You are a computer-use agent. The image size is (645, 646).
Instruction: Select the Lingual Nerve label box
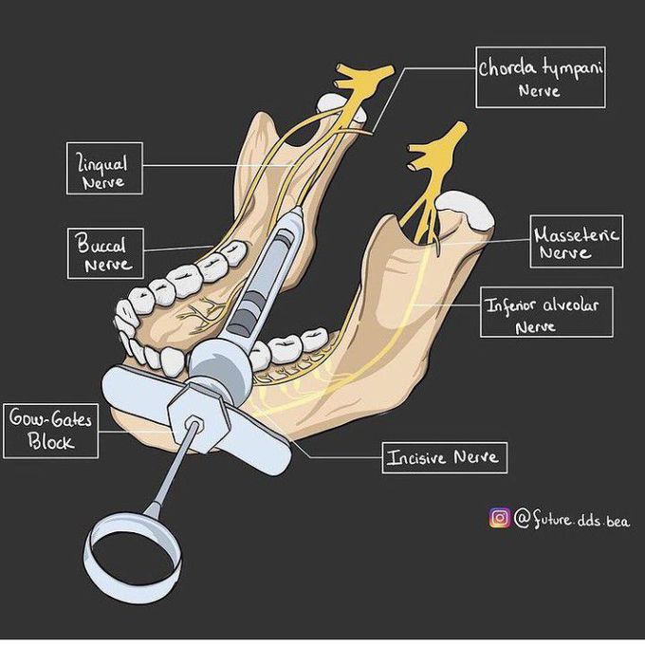pos(104,169)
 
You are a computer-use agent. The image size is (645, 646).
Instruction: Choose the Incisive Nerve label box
pos(443,457)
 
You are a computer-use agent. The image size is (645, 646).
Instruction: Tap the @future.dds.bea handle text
pos(571,519)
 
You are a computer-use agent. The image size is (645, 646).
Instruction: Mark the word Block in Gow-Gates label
pos(50,441)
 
